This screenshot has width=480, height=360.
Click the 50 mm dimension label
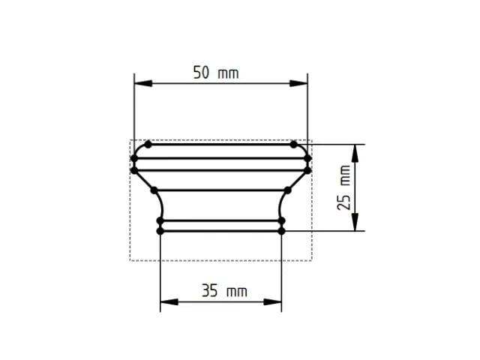point(216,73)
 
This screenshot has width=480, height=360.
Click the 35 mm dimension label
point(224,291)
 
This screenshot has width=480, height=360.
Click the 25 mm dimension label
point(344,187)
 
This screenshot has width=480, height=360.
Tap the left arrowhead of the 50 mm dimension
point(143,83)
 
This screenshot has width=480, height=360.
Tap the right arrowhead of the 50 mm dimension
point(298,83)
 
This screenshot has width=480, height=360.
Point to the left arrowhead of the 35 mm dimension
point(169,302)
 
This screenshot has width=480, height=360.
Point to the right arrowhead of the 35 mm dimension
point(272,302)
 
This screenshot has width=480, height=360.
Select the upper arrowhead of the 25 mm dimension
point(355,153)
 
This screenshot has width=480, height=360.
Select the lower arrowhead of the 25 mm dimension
point(355,222)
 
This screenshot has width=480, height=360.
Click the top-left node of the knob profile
point(148,144)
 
